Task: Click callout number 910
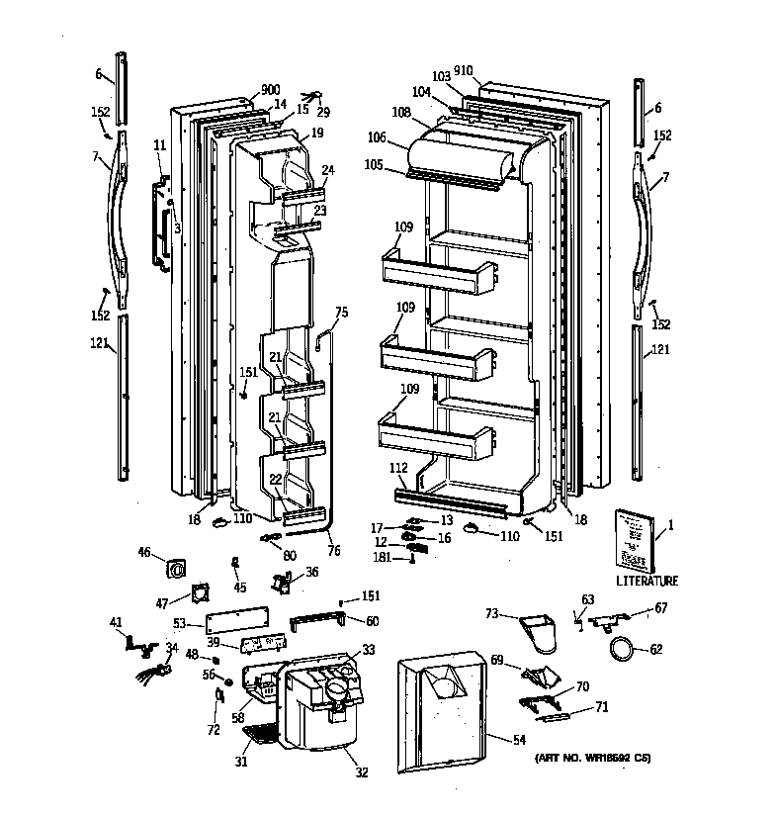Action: [x=463, y=71]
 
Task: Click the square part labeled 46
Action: [x=177, y=568]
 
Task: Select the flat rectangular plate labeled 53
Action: [x=236, y=620]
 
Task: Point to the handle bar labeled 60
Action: [x=315, y=622]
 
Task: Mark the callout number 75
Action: [x=341, y=313]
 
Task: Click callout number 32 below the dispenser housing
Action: [x=361, y=772]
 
